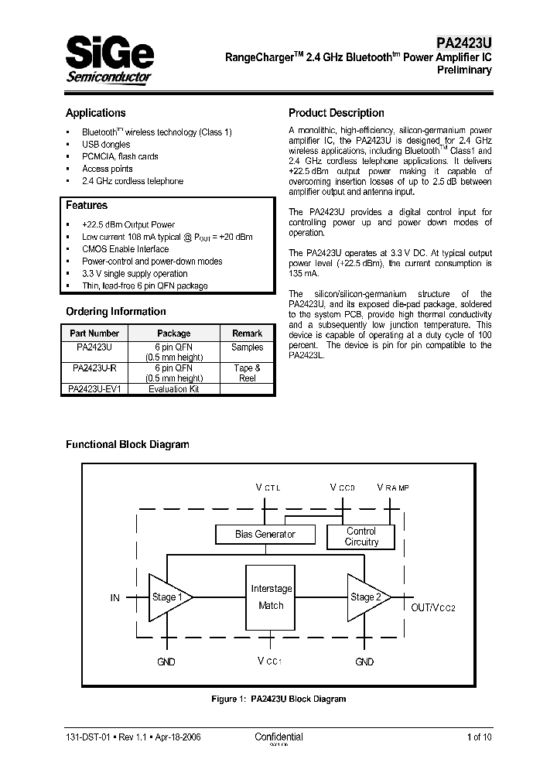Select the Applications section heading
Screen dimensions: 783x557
tap(95, 113)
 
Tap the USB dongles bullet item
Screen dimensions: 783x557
tap(106, 144)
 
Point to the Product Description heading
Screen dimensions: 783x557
tap(336, 113)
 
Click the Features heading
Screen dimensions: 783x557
tap(87, 206)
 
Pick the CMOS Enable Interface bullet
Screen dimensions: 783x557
tap(125, 249)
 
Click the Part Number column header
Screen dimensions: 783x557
tap(94, 333)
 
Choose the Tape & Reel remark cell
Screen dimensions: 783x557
tap(247, 373)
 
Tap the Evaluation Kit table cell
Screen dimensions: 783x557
tap(173, 389)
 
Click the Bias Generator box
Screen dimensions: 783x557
tap(265, 535)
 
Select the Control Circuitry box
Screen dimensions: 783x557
tap(361, 536)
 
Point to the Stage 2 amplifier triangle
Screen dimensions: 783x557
tap(366, 597)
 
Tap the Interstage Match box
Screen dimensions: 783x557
tap(271, 597)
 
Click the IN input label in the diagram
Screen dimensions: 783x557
tap(115, 597)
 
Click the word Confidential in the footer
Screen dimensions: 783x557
tap(278, 737)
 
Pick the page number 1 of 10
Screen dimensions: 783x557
tap(479, 737)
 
